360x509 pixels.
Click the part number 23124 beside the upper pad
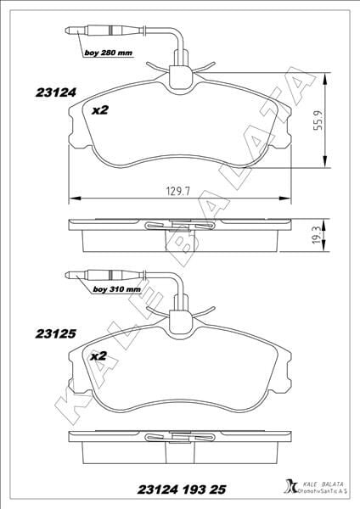click(x=55, y=92)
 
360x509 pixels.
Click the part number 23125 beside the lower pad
click(x=55, y=333)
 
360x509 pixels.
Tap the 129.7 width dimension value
click(x=178, y=191)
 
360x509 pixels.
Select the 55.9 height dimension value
click(x=318, y=120)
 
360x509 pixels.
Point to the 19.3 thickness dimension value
click(x=318, y=235)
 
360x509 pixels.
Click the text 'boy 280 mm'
click(x=109, y=53)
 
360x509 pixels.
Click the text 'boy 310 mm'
click(x=116, y=289)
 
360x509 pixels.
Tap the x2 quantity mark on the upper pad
click(x=99, y=110)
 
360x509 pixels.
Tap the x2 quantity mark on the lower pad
click(x=98, y=356)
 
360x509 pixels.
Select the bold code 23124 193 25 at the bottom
click(x=182, y=489)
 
